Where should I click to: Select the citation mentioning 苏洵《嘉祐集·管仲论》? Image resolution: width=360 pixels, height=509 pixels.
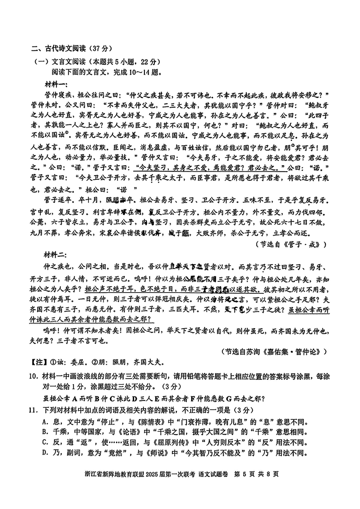pos(276,351)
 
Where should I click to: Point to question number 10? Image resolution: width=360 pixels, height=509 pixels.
pos(36,376)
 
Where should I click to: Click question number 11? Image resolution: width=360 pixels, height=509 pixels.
pos(36,410)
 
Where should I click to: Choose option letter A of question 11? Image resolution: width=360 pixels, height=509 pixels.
pos(45,421)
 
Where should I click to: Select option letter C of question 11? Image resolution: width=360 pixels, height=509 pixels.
pos(45,442)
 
